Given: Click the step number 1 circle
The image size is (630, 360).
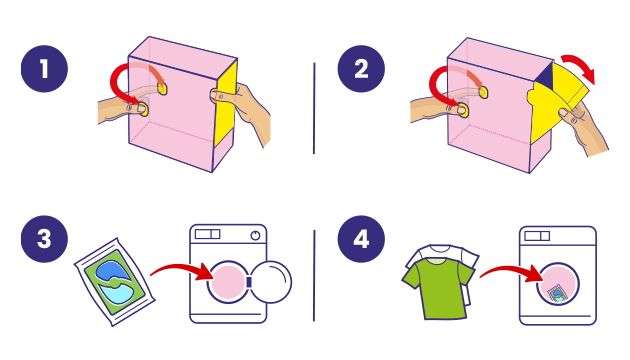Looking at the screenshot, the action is (x=44, y=69).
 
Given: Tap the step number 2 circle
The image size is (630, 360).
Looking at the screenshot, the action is (x=361, y=69).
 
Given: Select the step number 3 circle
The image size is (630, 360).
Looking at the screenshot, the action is (x=44, y=239).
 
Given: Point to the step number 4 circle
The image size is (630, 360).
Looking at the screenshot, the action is (x=361, y=239).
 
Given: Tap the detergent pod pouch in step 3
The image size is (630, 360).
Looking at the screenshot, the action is (x=115, y=282).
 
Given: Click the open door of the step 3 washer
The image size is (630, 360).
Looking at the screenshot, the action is (x=271, y=282).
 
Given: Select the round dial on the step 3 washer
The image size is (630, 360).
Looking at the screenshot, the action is (x=255, y=235).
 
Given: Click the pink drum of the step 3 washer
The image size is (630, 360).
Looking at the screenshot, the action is (x=227, y=282).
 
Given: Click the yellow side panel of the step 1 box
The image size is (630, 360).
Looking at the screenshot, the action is (x=225, y=104).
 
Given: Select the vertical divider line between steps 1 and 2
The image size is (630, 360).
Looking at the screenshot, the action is (x=314, y=108).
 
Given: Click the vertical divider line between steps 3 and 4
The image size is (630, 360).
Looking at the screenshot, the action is (x=314, y=276).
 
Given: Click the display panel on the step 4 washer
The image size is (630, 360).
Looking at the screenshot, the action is (x=537, y=235).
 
